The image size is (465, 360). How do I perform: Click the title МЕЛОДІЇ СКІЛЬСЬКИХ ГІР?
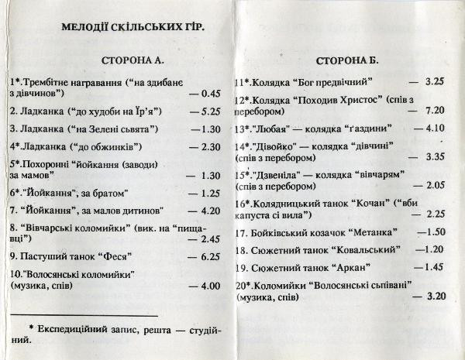[133, 27]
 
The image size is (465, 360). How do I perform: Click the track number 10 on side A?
[16, 274]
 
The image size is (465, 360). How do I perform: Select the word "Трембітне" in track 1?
[50, 81]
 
